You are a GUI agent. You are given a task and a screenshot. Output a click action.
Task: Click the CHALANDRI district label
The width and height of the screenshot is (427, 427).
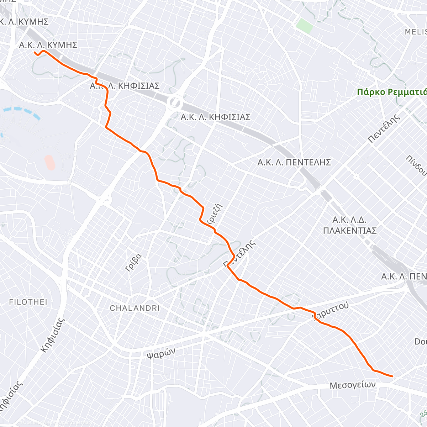click(135, 308)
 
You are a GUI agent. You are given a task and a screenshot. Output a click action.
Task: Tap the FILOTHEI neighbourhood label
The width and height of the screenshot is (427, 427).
click(28, 302)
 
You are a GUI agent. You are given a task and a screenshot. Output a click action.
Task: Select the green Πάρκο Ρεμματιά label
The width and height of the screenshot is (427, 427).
click(391, 92)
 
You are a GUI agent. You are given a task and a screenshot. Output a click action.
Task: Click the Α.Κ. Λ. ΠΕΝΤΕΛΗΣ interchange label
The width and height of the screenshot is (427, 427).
click(294, 163)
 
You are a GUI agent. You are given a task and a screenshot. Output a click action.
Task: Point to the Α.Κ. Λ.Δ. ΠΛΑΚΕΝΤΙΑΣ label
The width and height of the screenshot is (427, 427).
click(349, 225)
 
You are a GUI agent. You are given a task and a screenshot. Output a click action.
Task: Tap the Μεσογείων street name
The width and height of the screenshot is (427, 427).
click(352, 385)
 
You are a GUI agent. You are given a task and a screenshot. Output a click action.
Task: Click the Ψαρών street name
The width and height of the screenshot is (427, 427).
click(161, 353)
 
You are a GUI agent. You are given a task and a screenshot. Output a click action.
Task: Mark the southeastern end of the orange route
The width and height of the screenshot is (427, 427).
click(392, 376)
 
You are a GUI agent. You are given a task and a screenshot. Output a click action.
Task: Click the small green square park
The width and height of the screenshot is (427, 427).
click(304, 26)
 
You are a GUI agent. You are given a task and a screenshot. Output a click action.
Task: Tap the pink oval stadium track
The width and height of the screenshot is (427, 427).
click(50, 162)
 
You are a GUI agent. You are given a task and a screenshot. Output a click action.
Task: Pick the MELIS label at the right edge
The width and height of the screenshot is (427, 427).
click(415, 32)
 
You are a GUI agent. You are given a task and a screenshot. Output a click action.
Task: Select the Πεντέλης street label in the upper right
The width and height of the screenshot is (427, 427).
click(384, 128)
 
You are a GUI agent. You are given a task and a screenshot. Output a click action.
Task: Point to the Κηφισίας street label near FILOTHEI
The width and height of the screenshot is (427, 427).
click(53, 334)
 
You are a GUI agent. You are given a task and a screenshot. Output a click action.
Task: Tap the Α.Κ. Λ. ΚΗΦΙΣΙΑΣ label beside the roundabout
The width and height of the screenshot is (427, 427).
click(215, 117)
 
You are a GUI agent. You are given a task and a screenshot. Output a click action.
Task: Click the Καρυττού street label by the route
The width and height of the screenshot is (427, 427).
click(331, 311)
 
